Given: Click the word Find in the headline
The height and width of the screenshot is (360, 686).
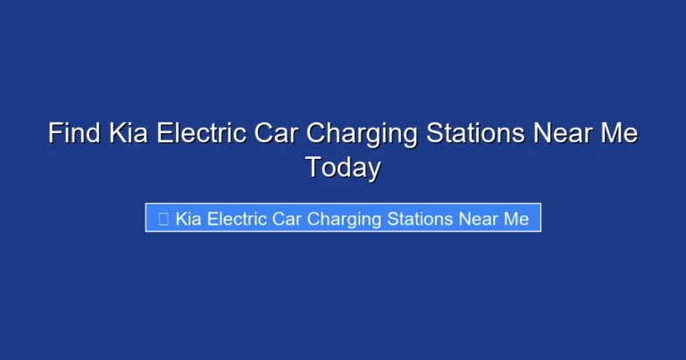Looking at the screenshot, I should pos(74,135).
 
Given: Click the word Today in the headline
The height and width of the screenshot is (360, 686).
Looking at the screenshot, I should pos(343,168).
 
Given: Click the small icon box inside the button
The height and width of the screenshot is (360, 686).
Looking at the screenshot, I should pos(163,218).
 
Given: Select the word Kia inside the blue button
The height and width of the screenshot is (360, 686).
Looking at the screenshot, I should pos(188,218).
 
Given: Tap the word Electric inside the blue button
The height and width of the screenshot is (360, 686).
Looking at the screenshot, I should pos(235,218).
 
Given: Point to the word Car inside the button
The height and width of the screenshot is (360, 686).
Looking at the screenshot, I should pos(286,218).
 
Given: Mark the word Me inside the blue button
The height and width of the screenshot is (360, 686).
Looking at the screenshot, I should pos(517,218).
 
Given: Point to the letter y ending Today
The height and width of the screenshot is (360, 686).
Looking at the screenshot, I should pos(374,171).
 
